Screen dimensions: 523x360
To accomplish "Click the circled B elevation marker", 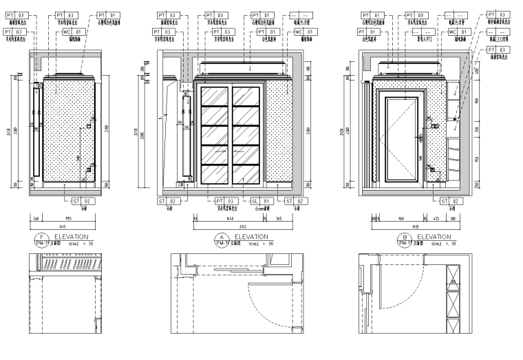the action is [405, 240].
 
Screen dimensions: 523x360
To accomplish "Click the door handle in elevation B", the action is [419, 138].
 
